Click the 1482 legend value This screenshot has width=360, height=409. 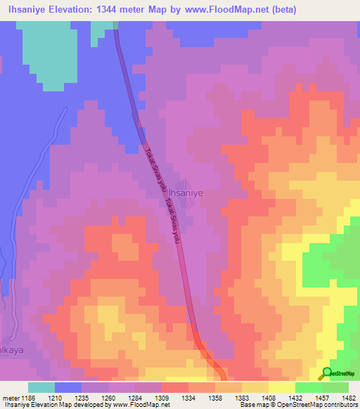tap(339, 397)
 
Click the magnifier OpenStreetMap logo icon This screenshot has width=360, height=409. tap(328, 373)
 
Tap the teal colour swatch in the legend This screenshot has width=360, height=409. tap(41, 387)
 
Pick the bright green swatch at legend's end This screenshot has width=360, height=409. tap(335, 387)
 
